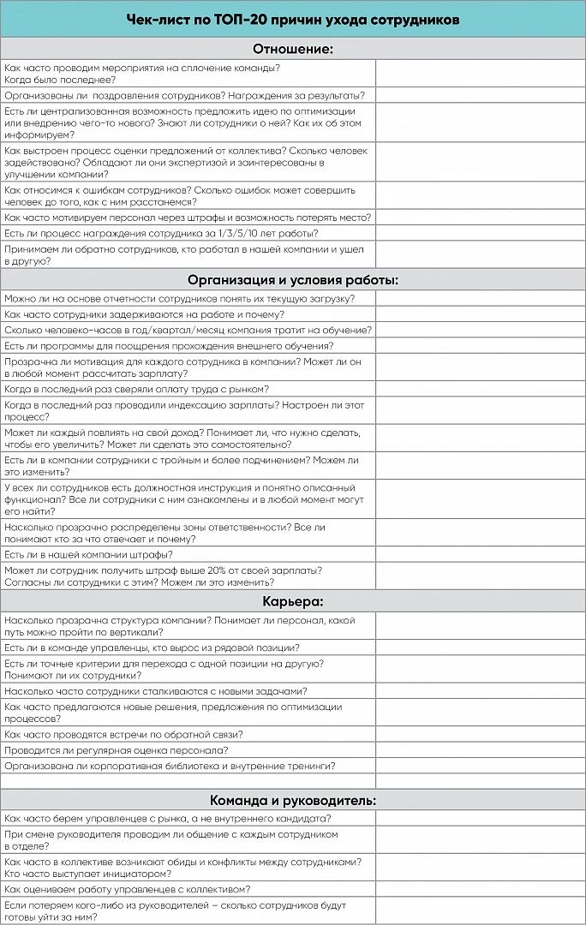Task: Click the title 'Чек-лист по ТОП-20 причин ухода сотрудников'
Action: (292, 19)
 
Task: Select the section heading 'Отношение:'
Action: (292, 49)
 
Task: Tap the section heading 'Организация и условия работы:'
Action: (292, 280)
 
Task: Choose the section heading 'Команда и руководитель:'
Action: (292, 801)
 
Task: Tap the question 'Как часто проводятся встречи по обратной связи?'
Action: (123, 734)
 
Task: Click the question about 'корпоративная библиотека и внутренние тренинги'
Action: (170, 765)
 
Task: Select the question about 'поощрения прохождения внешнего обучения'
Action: (169, 345)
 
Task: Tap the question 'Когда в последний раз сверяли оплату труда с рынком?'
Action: (136, 389)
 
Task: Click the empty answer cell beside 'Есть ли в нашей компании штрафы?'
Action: (480, 554)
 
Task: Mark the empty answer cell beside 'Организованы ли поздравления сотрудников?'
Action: (480, 95)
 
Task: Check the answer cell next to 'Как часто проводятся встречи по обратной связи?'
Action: (480, 734)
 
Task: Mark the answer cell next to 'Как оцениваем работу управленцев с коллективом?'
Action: (480, 889)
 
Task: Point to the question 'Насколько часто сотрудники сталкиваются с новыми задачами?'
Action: (156, 691)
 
